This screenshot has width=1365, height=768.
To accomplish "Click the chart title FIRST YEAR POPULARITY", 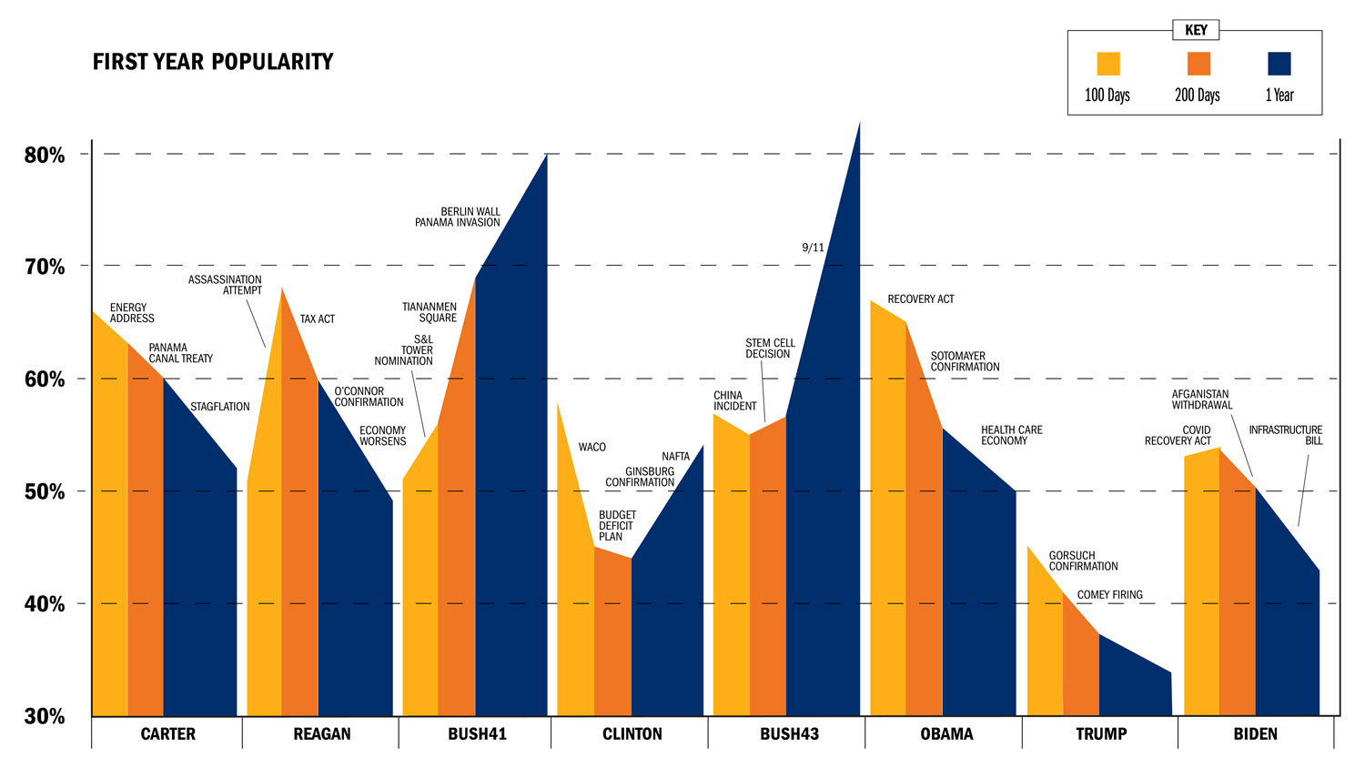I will (x=213, y=62).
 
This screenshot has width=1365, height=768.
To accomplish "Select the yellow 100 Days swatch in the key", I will (x=1107, y=64).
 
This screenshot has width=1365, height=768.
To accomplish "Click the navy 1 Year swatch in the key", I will (x=1279, y=64).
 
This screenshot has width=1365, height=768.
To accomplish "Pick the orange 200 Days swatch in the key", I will (x=1198, y=64).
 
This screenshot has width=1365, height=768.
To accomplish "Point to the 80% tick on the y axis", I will (x=45, y=155).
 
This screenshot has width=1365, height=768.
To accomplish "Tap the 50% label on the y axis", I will (x=45, y=491).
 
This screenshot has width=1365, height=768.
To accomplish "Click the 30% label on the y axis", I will (x=45, y=716).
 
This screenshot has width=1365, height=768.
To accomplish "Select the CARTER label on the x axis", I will (x=167, y=734).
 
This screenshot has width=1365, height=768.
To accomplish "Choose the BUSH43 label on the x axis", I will (x=789, y=734).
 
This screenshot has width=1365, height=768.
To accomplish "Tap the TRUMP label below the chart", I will (x=1101, y=734).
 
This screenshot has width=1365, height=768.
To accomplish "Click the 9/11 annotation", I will (x=813, y=248).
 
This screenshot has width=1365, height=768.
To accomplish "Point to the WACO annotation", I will (x=591, y=447).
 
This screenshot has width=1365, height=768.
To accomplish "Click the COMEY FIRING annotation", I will (x=1109, y=595).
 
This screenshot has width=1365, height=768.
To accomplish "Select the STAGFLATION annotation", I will (x=219, y=407).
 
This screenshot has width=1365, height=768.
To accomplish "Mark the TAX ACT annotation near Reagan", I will (x=318, y=319).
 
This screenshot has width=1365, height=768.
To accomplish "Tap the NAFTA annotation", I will (x=675, y=457).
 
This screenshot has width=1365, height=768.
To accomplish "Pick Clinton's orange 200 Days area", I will (x=612, y=637).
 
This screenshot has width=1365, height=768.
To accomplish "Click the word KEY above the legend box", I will (x=1196, y=30).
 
